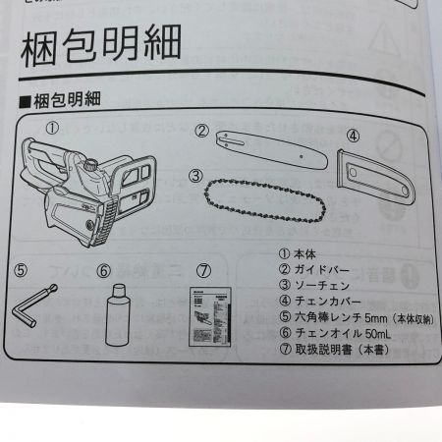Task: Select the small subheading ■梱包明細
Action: (69, 101)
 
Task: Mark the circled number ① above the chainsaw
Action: (50, 127)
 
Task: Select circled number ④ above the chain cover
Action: (353, 136)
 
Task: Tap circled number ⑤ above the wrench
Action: (21, 267)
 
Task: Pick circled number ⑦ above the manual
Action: (204, 268)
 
